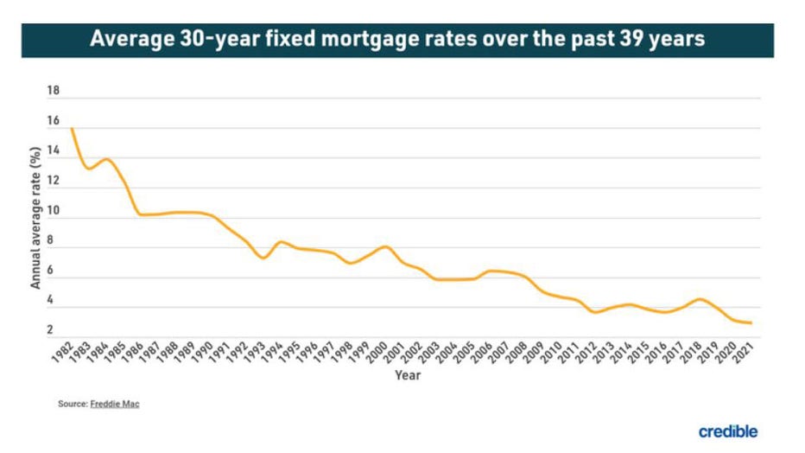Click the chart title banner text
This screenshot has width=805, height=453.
coord(397,39)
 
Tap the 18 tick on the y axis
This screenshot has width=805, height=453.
coord(54,91)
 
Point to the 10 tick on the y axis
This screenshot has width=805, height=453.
coord(54,211)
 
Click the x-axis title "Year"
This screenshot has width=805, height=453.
coord(408,375)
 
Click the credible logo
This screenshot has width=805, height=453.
coord(729,430)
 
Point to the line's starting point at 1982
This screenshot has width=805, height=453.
coord(71,129)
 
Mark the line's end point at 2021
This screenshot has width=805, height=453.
coord(751,322)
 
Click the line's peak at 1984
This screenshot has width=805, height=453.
coord(106,159)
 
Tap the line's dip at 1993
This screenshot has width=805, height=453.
coord(263,258)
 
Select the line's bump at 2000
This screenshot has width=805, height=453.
coord(384,246)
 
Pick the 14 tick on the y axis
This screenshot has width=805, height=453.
coord(54,151)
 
